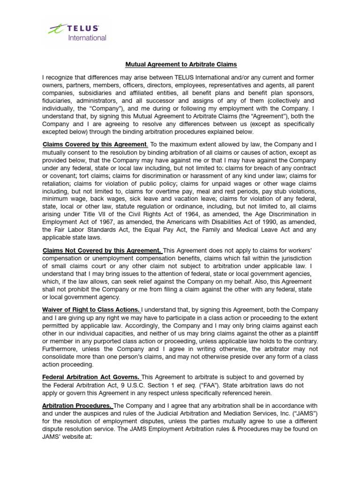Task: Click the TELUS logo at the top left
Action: point(77,30)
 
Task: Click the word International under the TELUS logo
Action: point(87,38)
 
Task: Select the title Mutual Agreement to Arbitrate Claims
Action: point(180,64)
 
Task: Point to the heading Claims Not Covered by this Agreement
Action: point(102,251)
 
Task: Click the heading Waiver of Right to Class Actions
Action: point(91,310)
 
